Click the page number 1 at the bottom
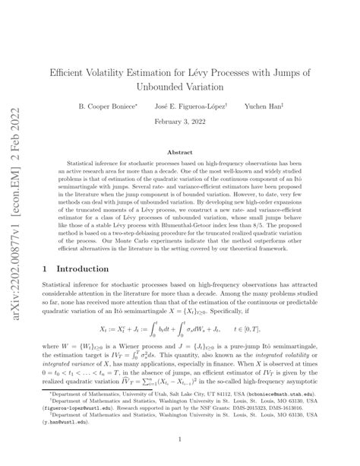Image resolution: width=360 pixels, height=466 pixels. (x=180, y=439)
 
